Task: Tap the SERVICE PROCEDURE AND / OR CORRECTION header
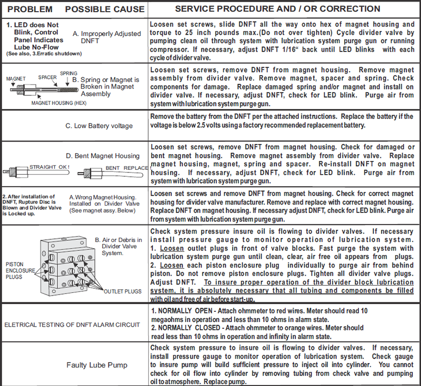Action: tap(277, 9)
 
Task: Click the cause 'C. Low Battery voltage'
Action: tap(99, 126)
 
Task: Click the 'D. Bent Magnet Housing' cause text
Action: tap(103, 156)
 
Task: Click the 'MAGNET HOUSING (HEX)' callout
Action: tap(54, 103)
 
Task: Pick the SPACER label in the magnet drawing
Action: tap(47, 77)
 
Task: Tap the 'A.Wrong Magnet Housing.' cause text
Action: tap(104, 197)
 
